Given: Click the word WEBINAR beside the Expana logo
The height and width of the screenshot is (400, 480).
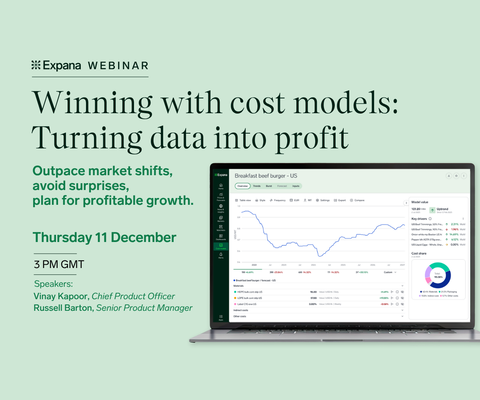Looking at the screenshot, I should coord(118,66).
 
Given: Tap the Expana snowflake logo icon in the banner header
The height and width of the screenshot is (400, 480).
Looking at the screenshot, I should coord(36,65).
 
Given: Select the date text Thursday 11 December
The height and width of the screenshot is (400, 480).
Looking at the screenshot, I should coord(104,237).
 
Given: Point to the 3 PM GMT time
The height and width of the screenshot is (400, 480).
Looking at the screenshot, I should coord(59,264).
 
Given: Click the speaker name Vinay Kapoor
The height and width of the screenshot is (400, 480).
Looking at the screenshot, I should coord(62,296).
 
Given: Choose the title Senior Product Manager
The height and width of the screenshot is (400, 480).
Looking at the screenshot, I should coord(144,308).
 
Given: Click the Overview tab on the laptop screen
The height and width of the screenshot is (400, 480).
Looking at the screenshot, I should coord(242,186).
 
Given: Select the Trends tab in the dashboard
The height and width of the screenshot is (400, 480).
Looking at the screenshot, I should coord(256,186).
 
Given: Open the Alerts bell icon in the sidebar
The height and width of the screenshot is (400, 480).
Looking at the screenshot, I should coord(221,254).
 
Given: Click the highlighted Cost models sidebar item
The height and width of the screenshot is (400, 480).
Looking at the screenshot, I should coord(221,246).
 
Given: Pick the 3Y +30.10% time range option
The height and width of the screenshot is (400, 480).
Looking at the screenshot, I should coord(362,272).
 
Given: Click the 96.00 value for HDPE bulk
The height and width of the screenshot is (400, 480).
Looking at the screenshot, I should coord(313,292).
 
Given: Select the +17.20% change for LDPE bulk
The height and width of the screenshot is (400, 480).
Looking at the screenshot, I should coord(384,298).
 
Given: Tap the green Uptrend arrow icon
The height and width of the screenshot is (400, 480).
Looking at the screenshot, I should coord(432,210).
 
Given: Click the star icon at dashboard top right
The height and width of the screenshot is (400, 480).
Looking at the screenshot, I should coord(456,176).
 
